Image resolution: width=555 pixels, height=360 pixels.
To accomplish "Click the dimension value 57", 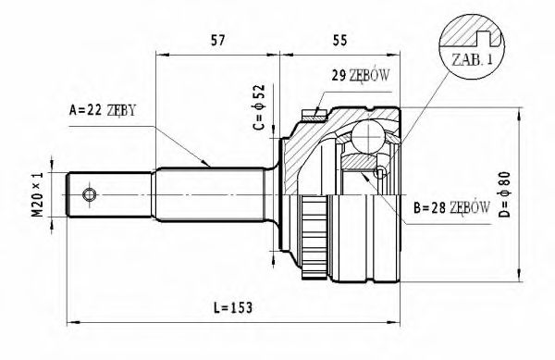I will pyautogui.click(x=219, y=40).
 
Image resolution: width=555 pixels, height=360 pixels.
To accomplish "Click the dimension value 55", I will pyautogui.click(x=339, y=40).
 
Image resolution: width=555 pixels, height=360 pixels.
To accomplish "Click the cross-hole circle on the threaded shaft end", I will pyautogui.click(x=90, y=194).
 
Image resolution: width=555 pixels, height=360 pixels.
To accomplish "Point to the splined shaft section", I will pyautogui.click(x=213, y=193).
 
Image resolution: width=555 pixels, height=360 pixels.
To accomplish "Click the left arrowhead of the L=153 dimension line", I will pyautogui.click(x=74, y=322).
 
